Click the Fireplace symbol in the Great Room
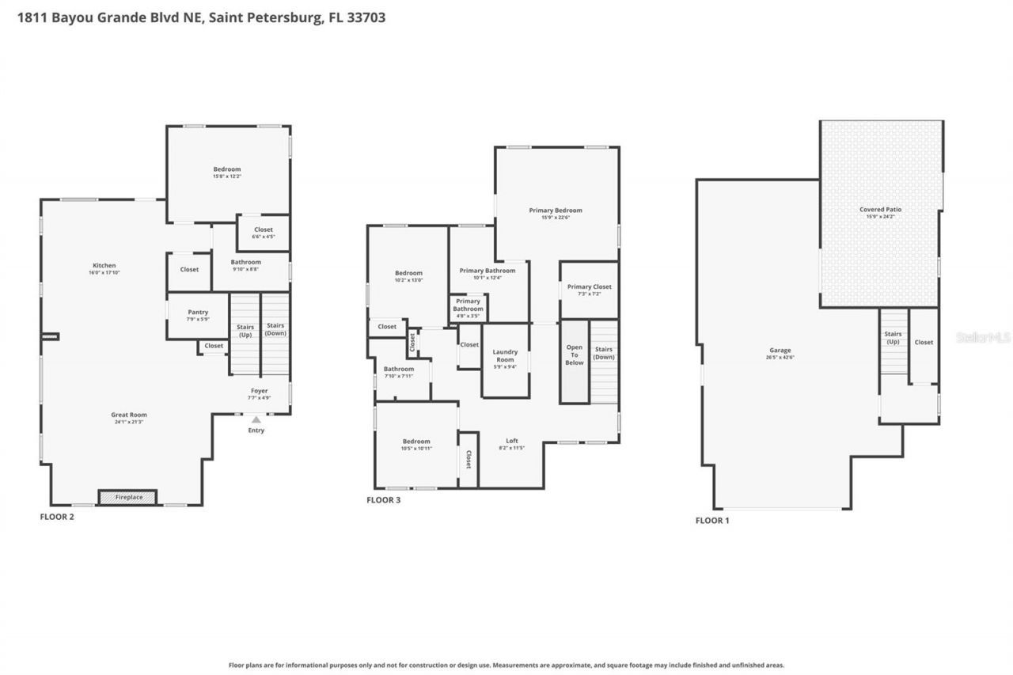point(127,497)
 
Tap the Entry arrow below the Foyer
point(256,420)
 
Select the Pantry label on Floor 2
point(198,313)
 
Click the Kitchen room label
point(104,266)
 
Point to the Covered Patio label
point(880,210)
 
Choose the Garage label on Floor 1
point(780,351)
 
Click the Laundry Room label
point(505,356)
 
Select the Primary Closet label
point(589,286)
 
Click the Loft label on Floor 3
point(512,441)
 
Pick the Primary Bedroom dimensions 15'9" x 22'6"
point(556,218)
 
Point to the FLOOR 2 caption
point(57,517)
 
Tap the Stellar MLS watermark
point(983,337)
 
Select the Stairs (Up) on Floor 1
point(893,338)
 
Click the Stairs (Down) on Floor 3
point(604,353)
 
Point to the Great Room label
point(128,415)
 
